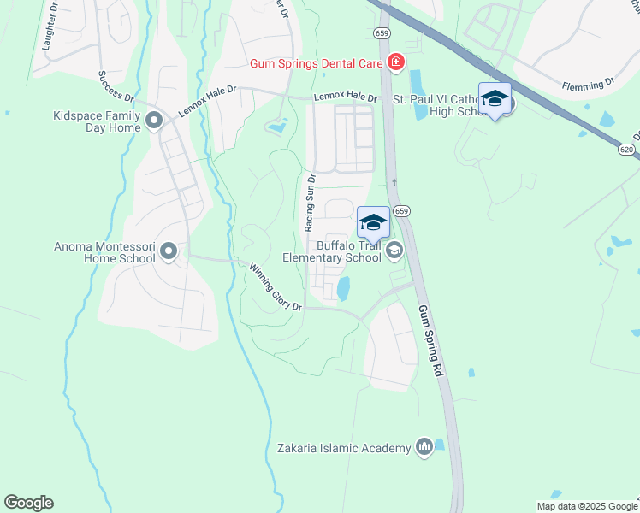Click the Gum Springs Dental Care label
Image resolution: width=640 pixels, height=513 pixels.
(317, 64)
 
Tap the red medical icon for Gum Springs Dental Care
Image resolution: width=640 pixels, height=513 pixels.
(395, 62)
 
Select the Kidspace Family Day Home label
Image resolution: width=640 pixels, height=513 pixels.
(97, 121)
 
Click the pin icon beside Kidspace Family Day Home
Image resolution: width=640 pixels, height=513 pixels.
(155, 121)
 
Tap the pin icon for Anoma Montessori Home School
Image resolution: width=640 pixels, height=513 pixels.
(169, 251)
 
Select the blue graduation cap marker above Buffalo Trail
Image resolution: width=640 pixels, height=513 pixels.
(372, 224)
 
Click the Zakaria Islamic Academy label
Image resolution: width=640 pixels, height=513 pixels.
(344, 447)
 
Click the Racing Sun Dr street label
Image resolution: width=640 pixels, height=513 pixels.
(310, 203)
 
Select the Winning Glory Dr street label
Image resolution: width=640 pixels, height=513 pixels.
(276, 287)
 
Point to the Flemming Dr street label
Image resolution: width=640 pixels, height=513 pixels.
(588, 85)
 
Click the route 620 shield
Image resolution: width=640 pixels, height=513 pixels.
(625, 148)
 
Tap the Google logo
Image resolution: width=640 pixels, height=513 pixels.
(28, 503)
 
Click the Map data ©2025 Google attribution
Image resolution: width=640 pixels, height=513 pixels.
(587, 506)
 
